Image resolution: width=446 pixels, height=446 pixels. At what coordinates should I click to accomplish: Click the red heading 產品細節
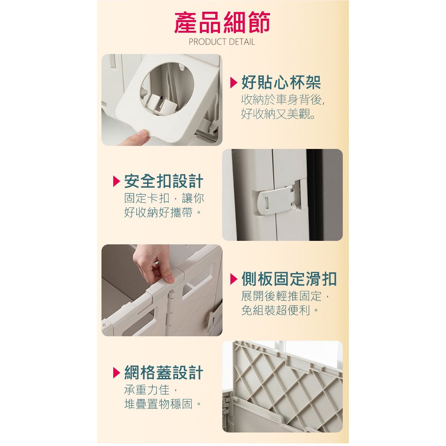pyautogui.click(x=222, y=23)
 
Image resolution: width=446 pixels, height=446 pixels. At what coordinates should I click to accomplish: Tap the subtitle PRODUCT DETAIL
pyautogui.click(x=222, y=42)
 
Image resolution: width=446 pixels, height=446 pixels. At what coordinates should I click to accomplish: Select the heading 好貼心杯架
pyautogui.click(x=281, y=82)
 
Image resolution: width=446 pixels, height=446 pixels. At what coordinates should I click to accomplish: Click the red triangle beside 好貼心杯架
pyautogui.click(x=233, y=82)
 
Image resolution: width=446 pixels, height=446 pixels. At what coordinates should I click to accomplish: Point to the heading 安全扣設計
pyautogui.click(x=164, y=181)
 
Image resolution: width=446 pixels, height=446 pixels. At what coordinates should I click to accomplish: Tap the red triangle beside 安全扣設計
pyautogui.click(x=117, y=181)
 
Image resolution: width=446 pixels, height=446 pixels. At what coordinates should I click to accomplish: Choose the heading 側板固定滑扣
pyautogui.click(x=289, y=279)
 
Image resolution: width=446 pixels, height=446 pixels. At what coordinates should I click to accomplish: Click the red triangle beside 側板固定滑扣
pyautogui.click(x=233, y=279)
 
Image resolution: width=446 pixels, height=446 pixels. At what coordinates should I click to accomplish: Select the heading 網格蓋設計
pyautogui.click(x=164, y=372)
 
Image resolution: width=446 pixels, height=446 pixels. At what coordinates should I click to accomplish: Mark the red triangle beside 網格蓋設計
pyautogui.click(x=117, y=373)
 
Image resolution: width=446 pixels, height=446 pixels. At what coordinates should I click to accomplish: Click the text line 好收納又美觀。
pyautogui.click(x=278, y=114)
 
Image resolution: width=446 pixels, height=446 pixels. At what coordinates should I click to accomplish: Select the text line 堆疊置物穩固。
pyautogui.click(x=162, y=404)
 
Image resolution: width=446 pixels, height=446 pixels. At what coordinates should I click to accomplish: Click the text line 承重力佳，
pyautogui.click(x=151, y=390)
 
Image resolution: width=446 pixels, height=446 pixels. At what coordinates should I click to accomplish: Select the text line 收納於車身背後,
pyautogui.click(x=283, y=100)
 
